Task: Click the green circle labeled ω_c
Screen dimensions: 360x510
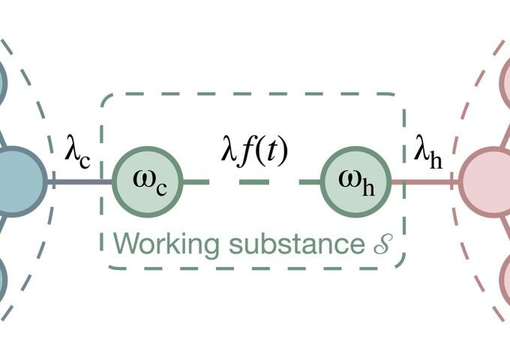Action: coord(147,181)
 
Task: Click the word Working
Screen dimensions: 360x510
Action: coord(154,244)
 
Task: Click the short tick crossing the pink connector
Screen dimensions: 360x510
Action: coord(453,181)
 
